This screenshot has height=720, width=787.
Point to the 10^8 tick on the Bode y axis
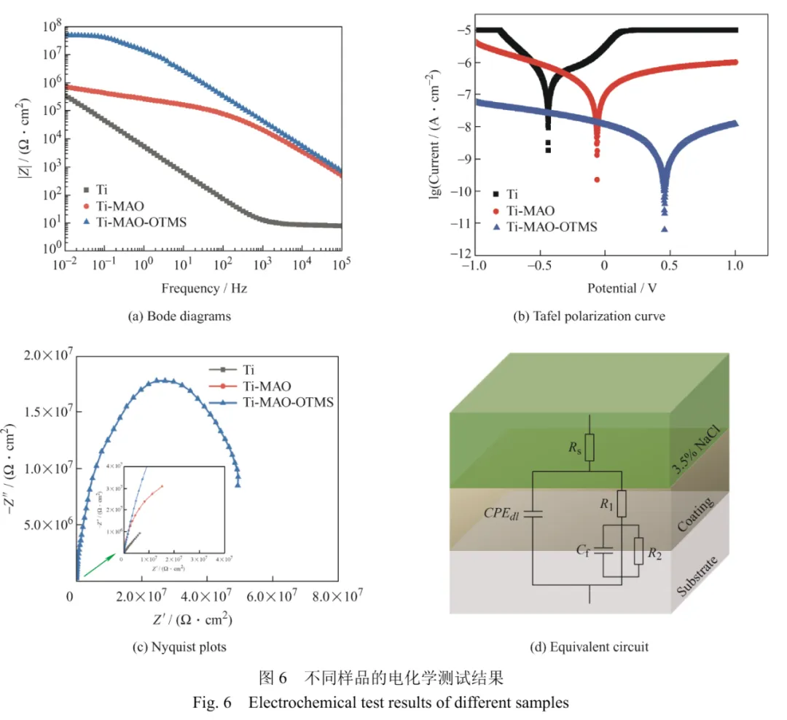pyautogui.click(x=51, y=28)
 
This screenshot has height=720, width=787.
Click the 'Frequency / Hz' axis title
pyautogui.click(x=203, y=288)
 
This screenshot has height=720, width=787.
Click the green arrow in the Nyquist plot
pyautogui.click(x=98, y=566)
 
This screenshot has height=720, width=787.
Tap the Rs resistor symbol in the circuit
pyautogui.click(x=590, y=447)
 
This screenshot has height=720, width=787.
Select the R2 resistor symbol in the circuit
pyautogui.click(x=639, y=551)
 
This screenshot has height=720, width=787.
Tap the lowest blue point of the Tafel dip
pyautogui.click(x=665, y=229)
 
